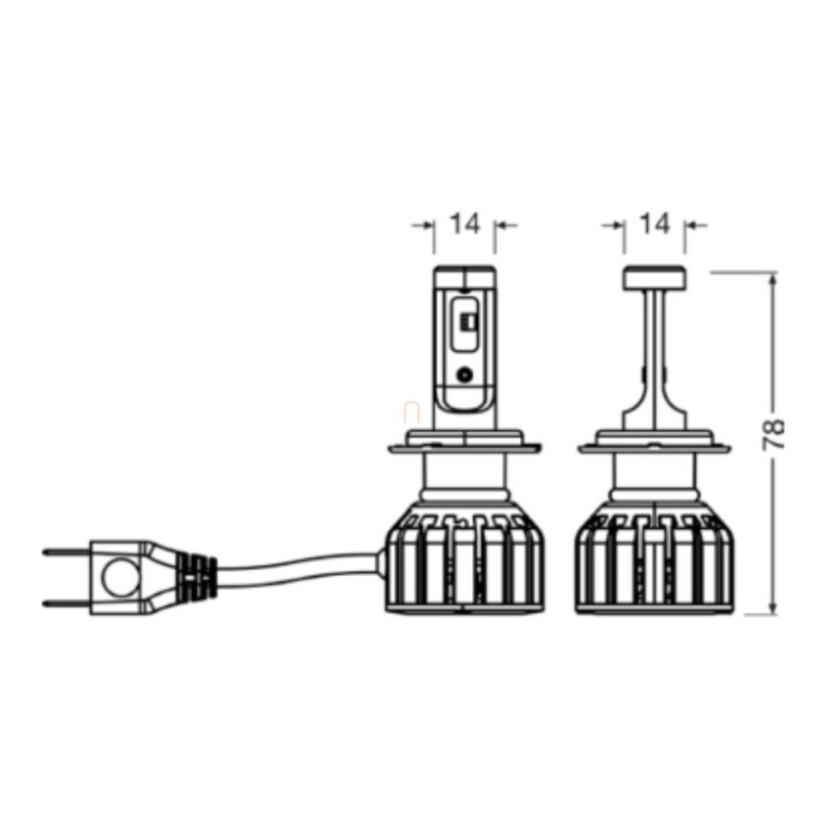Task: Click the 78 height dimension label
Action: click(773, 434)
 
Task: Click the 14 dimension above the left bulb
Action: click(465, 224)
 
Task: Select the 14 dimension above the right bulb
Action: click(655, 224)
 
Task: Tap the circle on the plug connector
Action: click(122, 577)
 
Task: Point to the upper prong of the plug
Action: click(66, 552)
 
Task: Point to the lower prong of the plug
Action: click(66, 603)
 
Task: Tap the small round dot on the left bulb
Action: click(464, 374)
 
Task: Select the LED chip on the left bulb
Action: click(466, 321)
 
